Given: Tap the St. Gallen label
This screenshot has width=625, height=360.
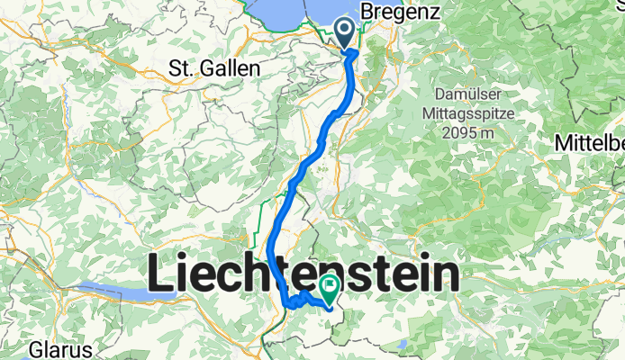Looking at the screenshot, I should (x=215, y=68).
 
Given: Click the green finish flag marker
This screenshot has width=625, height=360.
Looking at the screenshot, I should (x=329, y=289).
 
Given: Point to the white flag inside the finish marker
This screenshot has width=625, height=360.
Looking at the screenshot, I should (x=329, y=288).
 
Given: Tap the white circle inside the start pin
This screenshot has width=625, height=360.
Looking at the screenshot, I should (x=347, y=30).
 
